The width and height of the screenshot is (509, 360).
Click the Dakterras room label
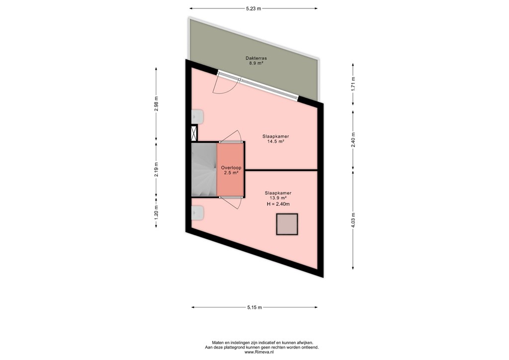(255, 58)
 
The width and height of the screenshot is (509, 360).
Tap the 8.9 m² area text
(255, 64)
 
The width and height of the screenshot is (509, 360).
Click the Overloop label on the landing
(231, 168)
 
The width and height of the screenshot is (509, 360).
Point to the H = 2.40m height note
(278, 204)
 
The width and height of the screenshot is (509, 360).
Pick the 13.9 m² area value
(278, 198)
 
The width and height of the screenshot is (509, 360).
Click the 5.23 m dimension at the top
(254, 8)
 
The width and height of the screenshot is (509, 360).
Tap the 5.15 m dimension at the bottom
(254, 307)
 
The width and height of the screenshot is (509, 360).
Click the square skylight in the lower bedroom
(287, 224)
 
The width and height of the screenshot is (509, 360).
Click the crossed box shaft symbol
(194, 133)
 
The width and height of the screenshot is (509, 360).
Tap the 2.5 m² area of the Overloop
(231, 173)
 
